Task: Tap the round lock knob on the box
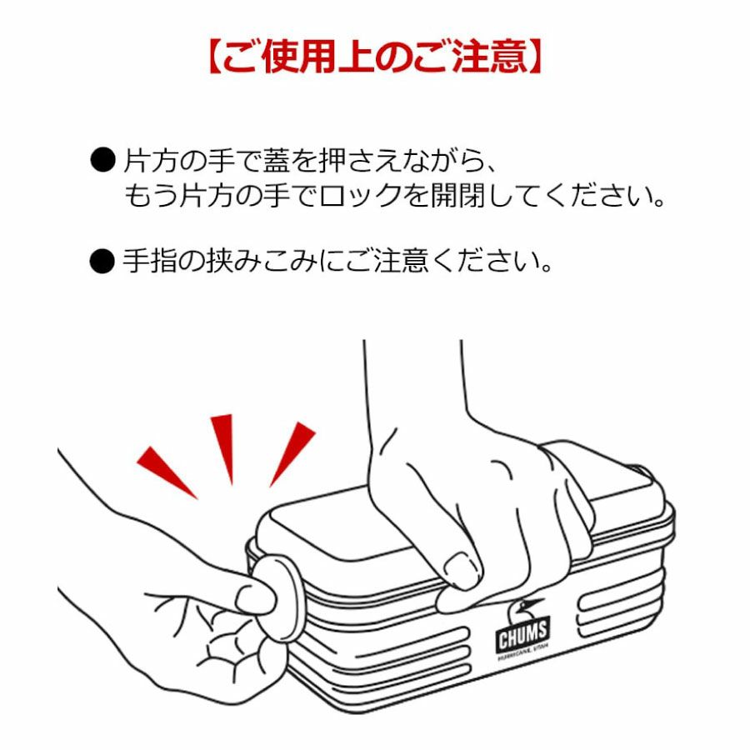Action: (x=277, y=597)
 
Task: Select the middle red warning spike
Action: (x=223, y=448)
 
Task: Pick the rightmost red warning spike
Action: (x=292, y=453)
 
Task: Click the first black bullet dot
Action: (x=102, y=160)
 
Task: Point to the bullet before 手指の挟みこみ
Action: (x=102, y=261)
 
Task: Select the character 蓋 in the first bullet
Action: (x=277, y=160)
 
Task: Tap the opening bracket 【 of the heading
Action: (x=215, y=57)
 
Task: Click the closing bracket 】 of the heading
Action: (x=535, y=57)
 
